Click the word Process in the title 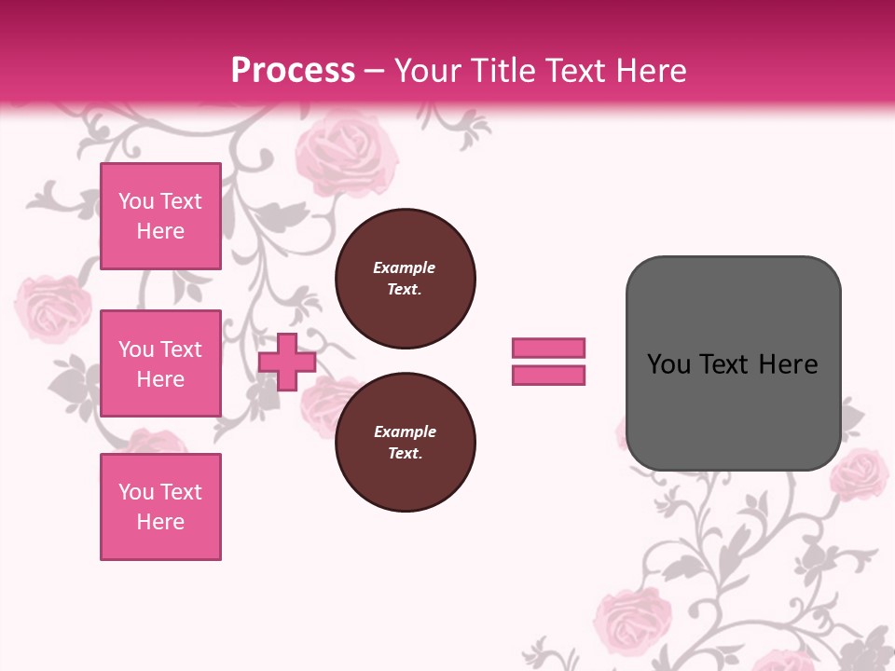pos(293,70)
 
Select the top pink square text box pos(160,216)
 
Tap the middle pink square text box pos(160,363)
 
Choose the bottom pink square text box pos(160,506)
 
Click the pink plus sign pos(287,362)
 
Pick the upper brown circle pos(405,279)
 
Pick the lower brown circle pos(405,443)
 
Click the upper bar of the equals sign pos(548,348)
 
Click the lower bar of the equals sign pos(548,375)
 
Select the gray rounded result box pos(733,363)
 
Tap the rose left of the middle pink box pos(53,308)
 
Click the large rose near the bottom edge pos(634,620)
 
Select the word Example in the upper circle pos(404,267)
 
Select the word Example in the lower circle pos(405,431)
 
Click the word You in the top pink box pos(136,201)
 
